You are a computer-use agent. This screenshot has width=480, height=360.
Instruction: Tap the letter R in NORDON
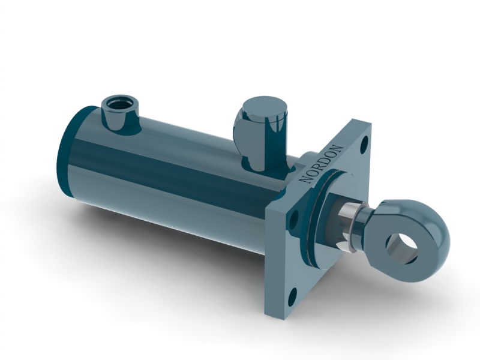tap(318, 167)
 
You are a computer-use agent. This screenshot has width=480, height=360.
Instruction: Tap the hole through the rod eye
tap(402, 246)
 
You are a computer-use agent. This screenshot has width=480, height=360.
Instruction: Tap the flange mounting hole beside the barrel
tap(293, 220)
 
